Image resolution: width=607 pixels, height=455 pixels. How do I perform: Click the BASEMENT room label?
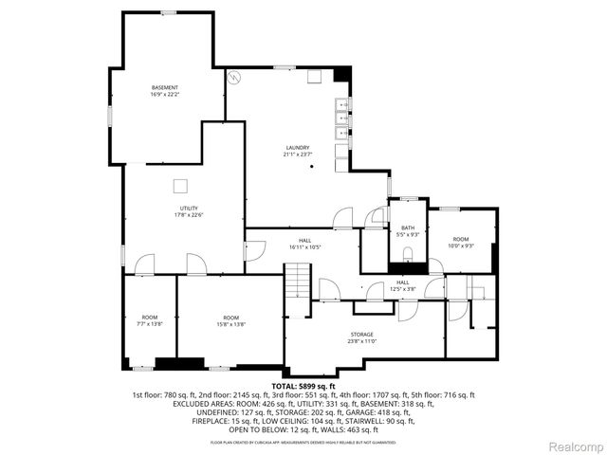tap(165, 88)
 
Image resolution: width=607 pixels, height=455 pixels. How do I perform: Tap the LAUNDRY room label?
tap(298, 148)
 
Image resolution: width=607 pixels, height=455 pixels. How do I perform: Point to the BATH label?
tap(408, 227)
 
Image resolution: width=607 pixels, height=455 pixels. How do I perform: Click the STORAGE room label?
tap(360, 335)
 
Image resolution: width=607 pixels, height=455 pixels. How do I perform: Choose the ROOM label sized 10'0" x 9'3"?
tap(461, 239)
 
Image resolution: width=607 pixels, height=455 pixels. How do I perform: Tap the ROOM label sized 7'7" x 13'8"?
tap(150, 318)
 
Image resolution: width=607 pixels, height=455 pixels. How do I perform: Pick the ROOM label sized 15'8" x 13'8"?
tap(230, 318)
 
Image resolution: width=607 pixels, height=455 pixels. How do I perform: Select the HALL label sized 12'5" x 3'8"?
tap(403, 282)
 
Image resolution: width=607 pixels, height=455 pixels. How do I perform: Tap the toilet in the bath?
tap(408, 254)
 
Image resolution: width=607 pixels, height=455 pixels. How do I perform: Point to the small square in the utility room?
tap(180, 186)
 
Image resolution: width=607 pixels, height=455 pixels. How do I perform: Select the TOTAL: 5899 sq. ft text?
tap(302, 386)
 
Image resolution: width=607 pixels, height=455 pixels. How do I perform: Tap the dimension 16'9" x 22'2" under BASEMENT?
tap(165, 95)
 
